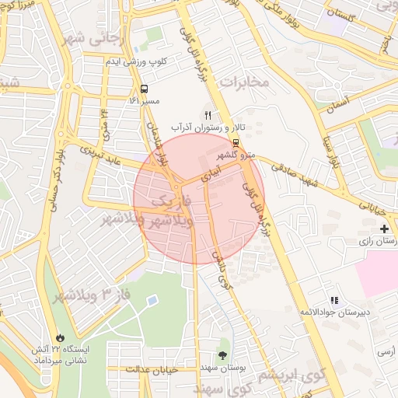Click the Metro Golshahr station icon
236,142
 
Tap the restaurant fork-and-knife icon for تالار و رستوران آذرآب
208,114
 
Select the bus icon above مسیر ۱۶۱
143,88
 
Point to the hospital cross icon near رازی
384,229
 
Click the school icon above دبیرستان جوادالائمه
335,300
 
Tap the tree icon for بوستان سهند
224,356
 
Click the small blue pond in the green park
152,300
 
